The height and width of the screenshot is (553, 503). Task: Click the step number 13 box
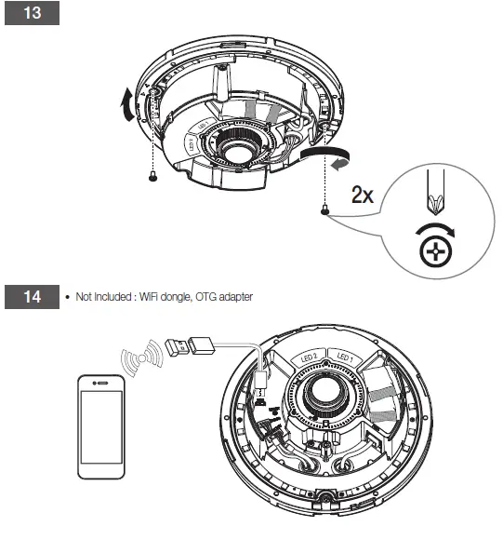(32, 17)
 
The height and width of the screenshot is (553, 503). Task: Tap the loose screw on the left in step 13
(152, 177)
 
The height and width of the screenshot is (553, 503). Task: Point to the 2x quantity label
(364, 195)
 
